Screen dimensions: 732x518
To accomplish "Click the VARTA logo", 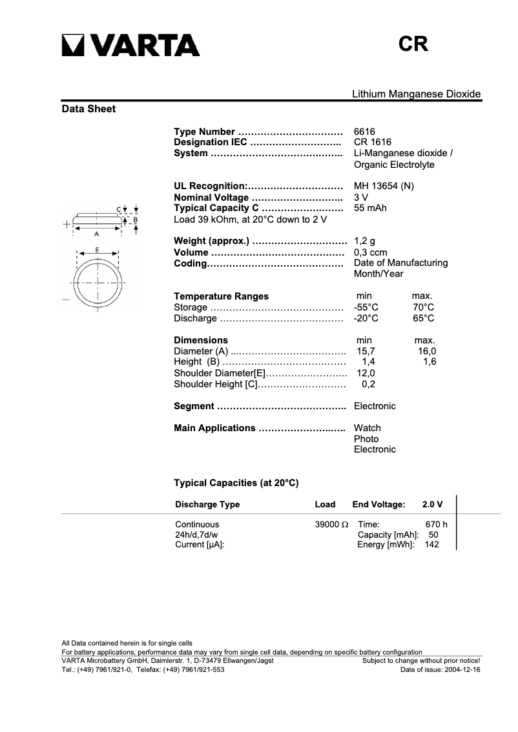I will (130, 45).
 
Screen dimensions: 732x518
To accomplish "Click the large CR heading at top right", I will (413, 44).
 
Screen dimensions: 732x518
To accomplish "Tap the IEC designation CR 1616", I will (372, 143).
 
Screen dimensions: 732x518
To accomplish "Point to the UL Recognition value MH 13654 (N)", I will (384, 187).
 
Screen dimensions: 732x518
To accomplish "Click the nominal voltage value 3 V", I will (361, 198).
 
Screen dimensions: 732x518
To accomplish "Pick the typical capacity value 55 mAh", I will (370, 208).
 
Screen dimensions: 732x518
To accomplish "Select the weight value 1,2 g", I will (364, 241).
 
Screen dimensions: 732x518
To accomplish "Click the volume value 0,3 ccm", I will (370, 252).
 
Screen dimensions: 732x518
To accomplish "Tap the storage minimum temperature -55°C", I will (366, 307).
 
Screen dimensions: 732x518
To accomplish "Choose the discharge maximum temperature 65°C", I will (423, 318).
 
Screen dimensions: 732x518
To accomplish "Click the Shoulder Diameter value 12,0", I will (366, 373).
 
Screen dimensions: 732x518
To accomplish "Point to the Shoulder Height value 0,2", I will (368, 384).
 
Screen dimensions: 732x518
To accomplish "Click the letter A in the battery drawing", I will (96, 234).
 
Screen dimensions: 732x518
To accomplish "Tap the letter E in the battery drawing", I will (97, 249).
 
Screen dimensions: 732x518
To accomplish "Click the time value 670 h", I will (436, 525).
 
